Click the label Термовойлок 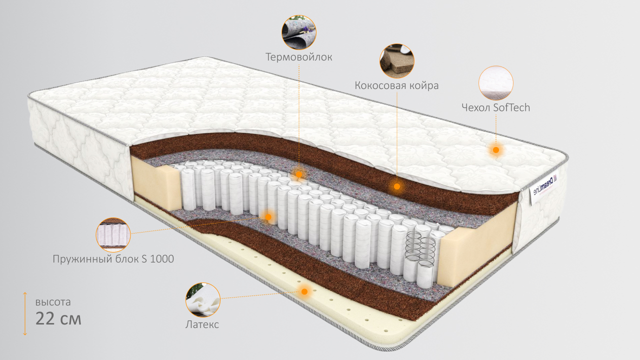[299, 57]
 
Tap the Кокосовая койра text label [396, 85]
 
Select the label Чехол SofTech [496, 107]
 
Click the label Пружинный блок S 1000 [113, 259]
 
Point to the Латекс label [202, 324]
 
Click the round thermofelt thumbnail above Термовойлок [299, 32]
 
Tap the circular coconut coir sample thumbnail [397, 60]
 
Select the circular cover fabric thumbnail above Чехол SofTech [496, 83]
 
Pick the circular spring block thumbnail [113, 234]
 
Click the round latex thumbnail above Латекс [202, 300]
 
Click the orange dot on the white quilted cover [496, 149]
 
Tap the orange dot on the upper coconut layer [396, 186]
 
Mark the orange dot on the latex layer [304, 291]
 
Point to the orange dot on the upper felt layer [299, 174]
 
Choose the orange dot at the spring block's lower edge [268, 216]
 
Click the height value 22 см [58, 318]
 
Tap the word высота [53, 302]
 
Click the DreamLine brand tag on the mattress [543, 184]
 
